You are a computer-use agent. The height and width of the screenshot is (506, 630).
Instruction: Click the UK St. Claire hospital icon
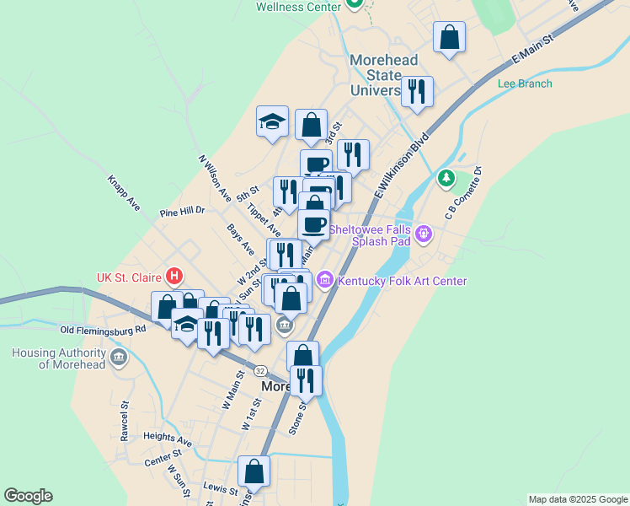pos(174,276)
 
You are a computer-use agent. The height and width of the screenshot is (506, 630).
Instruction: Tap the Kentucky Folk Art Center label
pos(402,281)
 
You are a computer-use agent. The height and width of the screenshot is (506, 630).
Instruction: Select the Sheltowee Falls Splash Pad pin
pos(423,232)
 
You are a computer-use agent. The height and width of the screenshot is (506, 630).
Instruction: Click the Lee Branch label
pos(525,83)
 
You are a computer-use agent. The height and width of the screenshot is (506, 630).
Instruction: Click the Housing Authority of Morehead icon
pos(119,358)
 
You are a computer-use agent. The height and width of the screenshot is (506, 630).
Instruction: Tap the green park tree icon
pos(446,179)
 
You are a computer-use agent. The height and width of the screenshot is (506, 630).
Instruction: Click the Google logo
pos(28,496)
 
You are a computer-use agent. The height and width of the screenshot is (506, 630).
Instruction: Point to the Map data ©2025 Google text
pos(577,499)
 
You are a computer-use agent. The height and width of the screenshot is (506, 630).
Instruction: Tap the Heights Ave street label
pos(168,439)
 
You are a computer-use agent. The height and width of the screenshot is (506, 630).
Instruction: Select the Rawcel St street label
pos(124,421)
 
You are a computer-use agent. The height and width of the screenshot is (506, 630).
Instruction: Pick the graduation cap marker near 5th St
pos(273,121)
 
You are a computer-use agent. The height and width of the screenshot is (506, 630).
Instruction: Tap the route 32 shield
pos(260,370)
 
